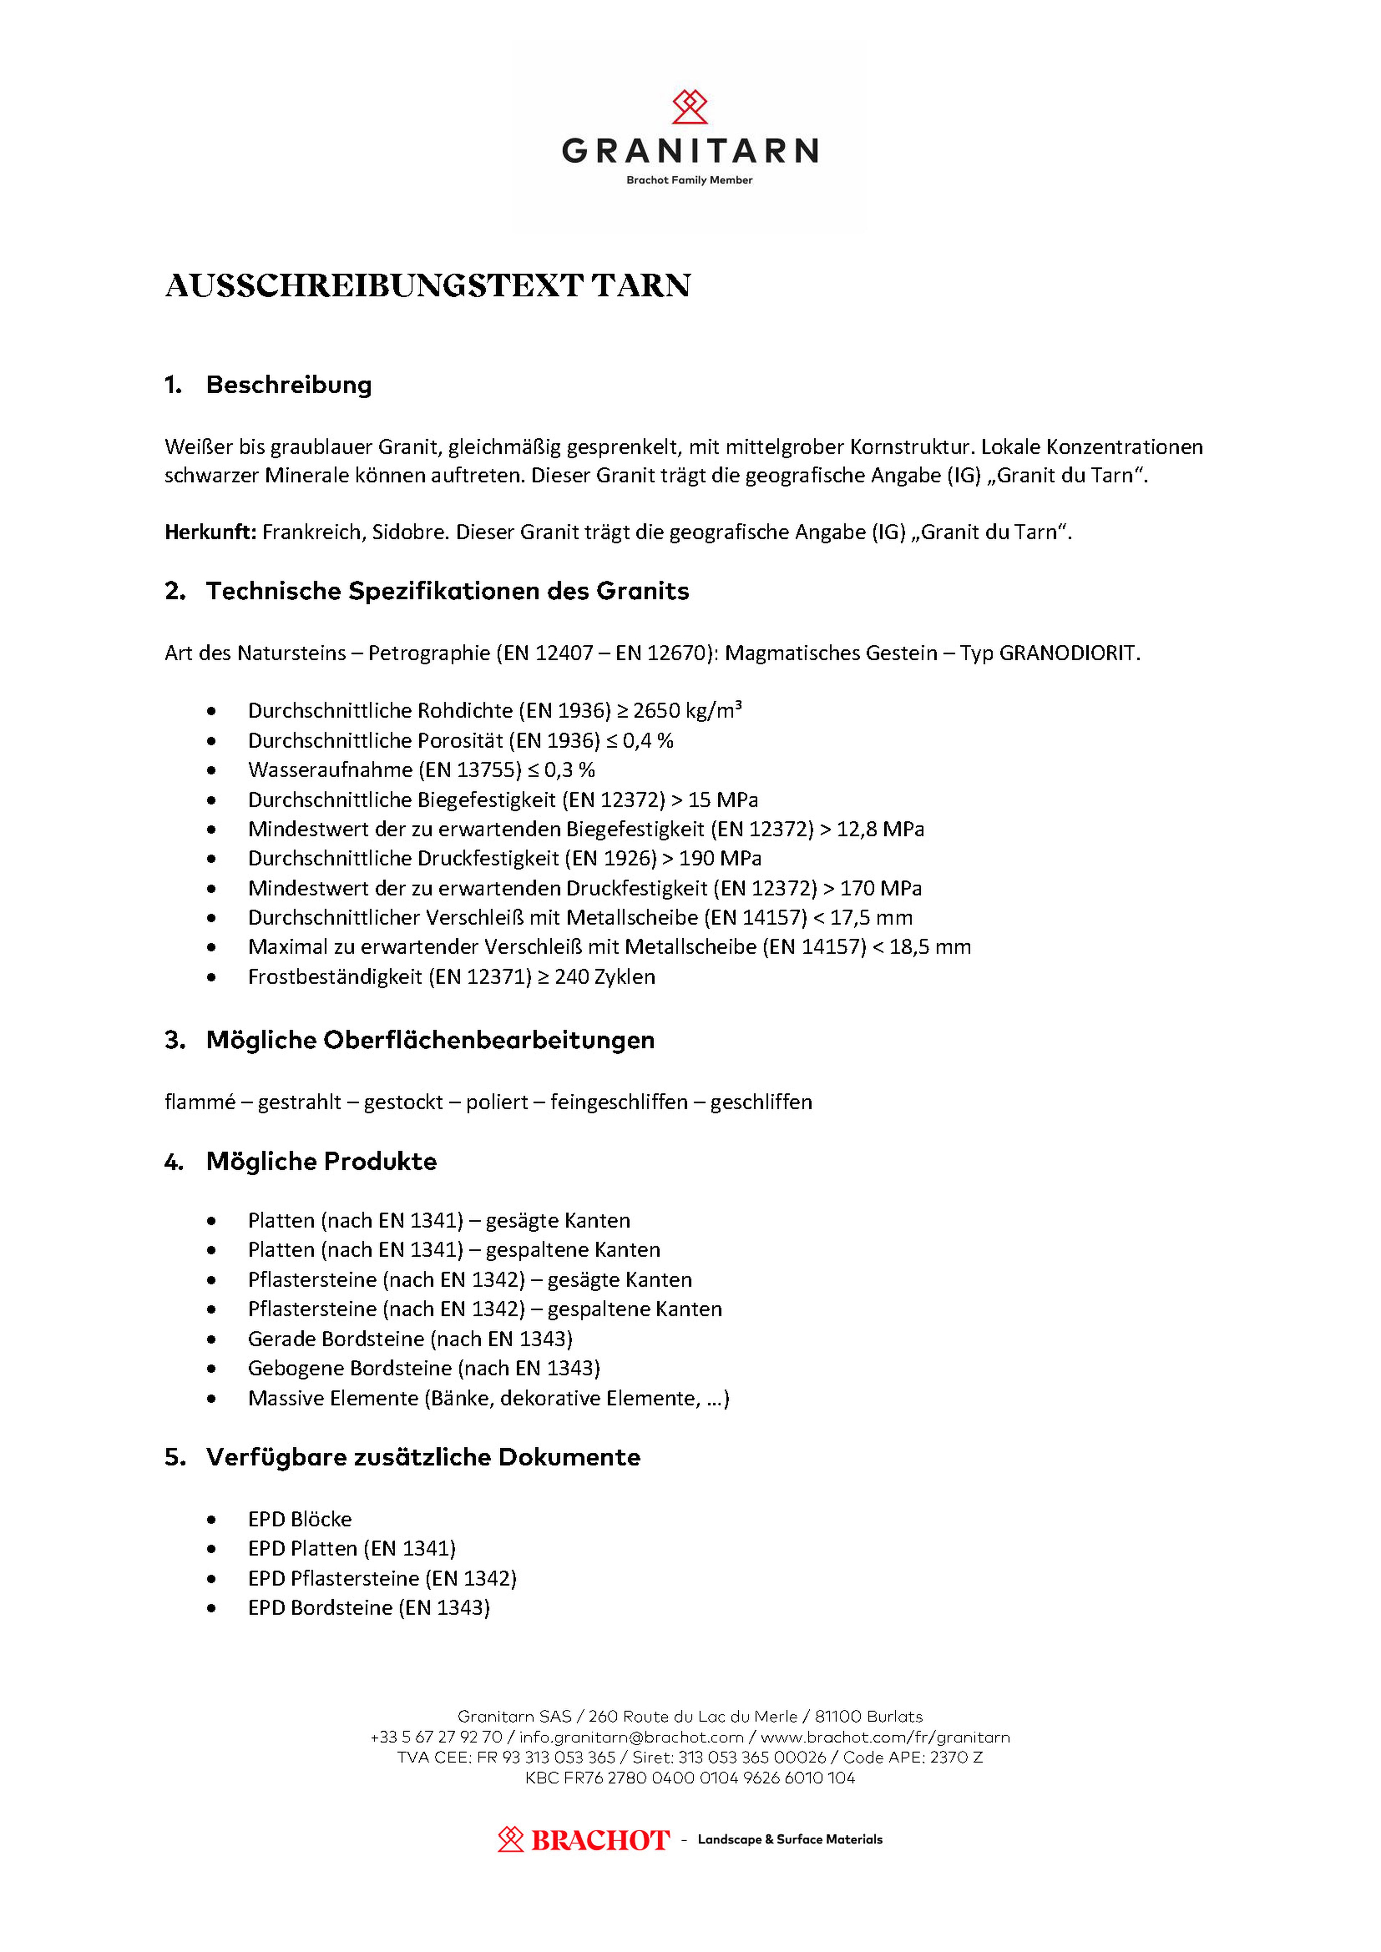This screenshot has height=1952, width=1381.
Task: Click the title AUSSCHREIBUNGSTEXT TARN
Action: coord(428,286)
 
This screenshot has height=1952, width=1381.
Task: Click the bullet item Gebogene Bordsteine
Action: coord(424,1368)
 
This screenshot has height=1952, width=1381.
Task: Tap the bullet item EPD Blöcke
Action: coord(299,1519)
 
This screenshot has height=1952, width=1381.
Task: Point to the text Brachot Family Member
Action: coord(690,180)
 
